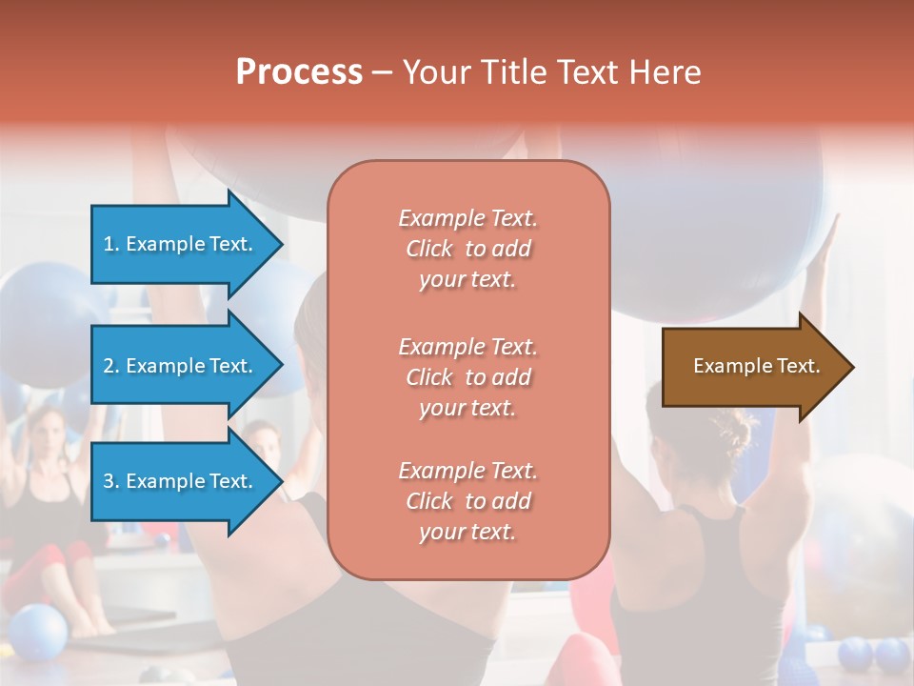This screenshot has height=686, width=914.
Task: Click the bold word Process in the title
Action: coord(299,72)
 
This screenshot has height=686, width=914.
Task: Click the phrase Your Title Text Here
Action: coord(551,72)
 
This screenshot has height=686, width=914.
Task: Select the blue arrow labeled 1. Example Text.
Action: coord(181,244)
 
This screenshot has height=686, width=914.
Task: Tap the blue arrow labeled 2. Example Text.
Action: coord(181,366)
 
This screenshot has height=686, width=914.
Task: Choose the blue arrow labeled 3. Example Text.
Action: coord(181,481)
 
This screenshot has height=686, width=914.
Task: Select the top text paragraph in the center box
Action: coord(467,249)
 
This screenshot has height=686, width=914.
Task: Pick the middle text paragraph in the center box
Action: coord(467,377)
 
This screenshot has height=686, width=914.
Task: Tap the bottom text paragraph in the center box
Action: coord(467,501)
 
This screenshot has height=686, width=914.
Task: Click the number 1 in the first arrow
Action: coord(109,244)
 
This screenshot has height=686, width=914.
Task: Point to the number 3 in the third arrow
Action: coord(109,481)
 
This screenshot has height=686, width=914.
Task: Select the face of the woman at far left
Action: coord(45,434)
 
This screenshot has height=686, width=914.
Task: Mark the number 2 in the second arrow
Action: coord(109,366)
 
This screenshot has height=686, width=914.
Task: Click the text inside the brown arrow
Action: coord(756,366)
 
